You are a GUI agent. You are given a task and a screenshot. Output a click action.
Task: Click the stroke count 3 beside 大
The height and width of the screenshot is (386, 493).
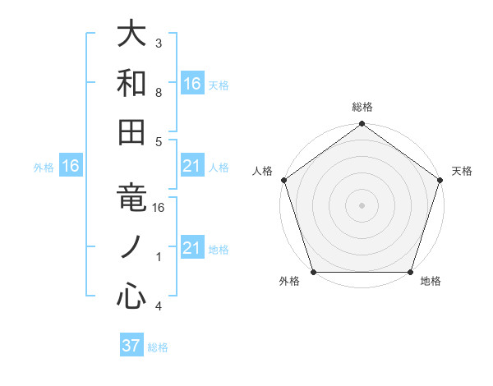click(x=158, y=43)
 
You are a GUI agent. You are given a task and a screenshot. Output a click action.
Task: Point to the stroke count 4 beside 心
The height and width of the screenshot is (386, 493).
click(x=158, y=306)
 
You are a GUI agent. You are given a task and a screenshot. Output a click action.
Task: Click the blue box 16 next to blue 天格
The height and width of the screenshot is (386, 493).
click(x=192, y=83)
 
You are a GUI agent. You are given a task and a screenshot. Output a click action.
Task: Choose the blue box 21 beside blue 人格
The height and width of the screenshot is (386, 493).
click(x=192, y=166)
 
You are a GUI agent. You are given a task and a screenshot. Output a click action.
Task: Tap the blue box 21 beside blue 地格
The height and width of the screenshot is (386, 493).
click(x=192, y=248)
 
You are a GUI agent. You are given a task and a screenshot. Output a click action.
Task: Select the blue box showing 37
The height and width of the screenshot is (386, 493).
click(x=131, y=346)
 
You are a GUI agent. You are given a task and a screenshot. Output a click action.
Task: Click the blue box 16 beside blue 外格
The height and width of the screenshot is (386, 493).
click(x=71, y=166)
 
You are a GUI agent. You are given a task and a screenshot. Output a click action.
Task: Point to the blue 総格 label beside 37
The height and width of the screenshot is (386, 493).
click(x=158, y=347)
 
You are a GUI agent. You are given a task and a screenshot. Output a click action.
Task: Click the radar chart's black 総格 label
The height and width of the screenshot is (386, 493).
click(x=362, y=107)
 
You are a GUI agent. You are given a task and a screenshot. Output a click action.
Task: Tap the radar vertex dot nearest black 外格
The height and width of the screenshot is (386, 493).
click(x=313, y=272)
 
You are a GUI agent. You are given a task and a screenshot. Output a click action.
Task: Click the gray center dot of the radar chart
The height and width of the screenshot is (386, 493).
click(x=362, y=204)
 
